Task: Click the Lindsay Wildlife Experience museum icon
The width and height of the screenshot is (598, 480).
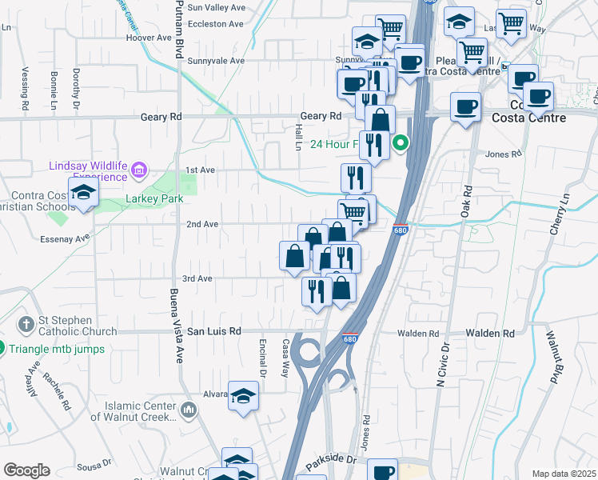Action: pos(139,169)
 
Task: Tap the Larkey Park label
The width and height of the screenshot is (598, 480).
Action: pos(153,198)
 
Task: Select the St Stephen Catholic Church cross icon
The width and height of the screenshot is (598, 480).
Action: pos(26,324)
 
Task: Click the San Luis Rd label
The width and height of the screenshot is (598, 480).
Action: pos(214,331)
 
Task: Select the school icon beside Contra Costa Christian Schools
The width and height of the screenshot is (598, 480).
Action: pos(82,193)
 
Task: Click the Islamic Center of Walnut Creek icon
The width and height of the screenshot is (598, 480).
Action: pos(189,410)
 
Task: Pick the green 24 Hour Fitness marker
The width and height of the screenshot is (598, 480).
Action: pos(402,145)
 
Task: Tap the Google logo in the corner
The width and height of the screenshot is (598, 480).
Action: pos(26,470)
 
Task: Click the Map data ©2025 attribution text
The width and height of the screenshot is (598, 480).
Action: pos(563,474)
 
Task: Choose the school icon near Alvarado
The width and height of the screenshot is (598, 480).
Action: pos(243,395)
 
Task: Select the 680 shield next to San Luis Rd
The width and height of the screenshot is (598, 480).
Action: pos(349,338)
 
